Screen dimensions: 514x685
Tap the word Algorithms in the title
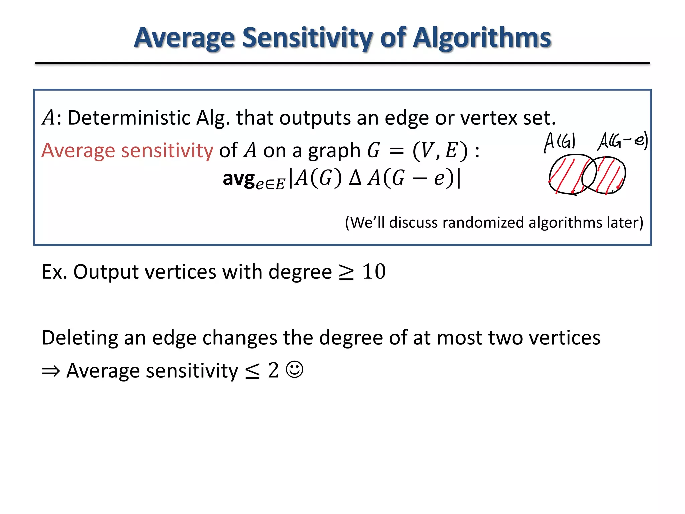(x=482, y=37)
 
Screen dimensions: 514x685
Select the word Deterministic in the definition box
(x=129, y=118)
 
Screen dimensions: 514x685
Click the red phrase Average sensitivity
(x=127, y=150)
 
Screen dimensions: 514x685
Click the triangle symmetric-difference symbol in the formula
(x=355, y=178)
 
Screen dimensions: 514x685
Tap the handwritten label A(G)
(x=560, y=142)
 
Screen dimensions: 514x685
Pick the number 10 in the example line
(x=374, y=271)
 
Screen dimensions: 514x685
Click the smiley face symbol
(x=294, y=370)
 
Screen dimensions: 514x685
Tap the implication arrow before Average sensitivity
(x=51, y=371)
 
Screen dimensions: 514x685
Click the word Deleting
(x=80, y=338)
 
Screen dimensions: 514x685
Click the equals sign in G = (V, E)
(x=397, y=151)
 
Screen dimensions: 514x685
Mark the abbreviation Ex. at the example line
(x=54, y=271)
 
